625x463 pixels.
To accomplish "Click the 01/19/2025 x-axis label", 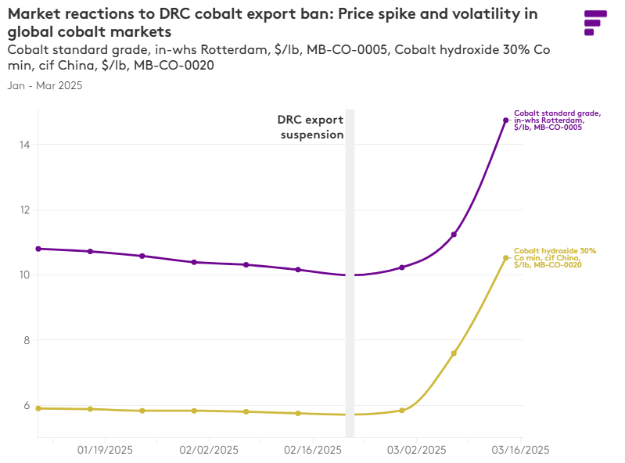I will (106, 450).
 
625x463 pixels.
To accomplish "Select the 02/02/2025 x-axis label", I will (209, 450).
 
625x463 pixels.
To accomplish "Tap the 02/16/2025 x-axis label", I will (313, 450).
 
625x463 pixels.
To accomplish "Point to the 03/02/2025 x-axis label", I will (417, 450).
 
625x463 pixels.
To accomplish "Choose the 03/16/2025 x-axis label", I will (520, 450).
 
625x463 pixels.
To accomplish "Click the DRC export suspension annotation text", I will (311, 127).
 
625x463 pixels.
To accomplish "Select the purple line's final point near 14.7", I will (506, 120).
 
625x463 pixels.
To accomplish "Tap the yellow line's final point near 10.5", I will (506, 258).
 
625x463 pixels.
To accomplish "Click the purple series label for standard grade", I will (557, 120).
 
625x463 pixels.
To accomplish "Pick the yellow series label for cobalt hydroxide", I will (555, 258).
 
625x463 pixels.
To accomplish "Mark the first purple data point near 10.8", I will (38, 249).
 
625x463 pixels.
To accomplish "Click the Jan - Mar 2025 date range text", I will (45, 86).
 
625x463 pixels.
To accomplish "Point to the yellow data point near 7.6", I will (454, 354).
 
